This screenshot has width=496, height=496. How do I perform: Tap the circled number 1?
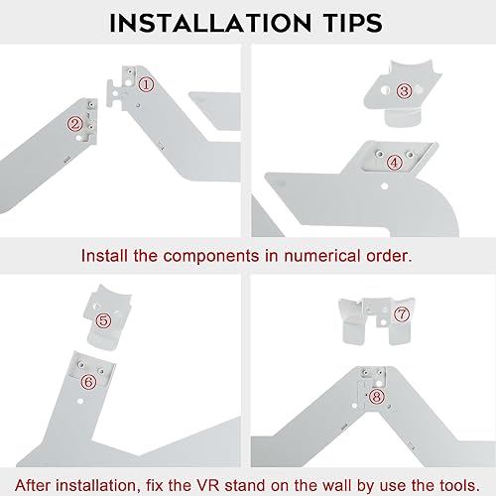click(x=146, y=85)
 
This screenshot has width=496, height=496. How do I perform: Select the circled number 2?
click(x=74, y=124)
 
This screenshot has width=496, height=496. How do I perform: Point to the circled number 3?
click(x=404, y=91)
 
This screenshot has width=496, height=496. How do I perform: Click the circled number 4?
click(x=394, y=162)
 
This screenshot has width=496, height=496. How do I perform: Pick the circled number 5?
click(x=104, y=321)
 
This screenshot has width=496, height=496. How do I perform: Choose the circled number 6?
click(x=87, y=381)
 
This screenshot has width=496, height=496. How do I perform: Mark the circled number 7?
click(x=402, y=314)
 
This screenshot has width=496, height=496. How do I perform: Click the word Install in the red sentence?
click(x=106, y=256)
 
